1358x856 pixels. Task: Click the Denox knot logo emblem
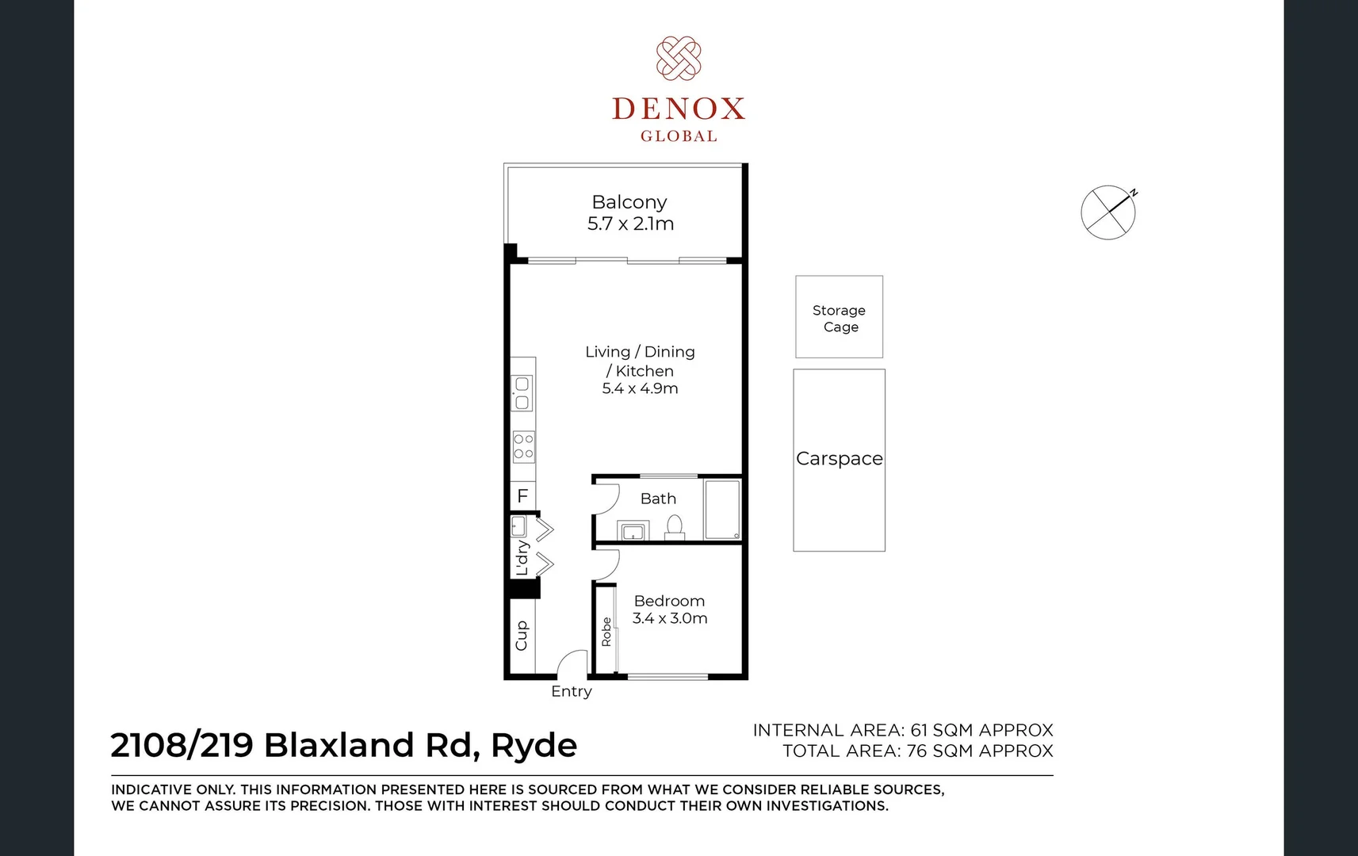click(x=679, y=58)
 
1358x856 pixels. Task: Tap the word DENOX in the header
click(x=679, y=109)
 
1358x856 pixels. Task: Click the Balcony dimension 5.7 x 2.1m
click(x=630, y=224)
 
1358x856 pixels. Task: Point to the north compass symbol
click(x=1108, y=212)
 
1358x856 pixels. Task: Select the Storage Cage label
click(x=840, y=319)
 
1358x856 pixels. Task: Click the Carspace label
click(x=839, y=459)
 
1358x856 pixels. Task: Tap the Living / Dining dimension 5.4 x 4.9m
click(x=640, y=388)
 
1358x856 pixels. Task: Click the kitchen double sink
click(x=522, y=393)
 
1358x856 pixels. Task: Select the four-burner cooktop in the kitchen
click(x=523, y=446)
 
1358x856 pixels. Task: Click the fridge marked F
click(x=522, y=496)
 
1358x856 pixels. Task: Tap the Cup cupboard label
click(x=522, y=636)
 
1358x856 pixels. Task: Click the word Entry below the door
click(x=572, y=691)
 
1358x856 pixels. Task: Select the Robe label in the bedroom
click(x=606, y=632)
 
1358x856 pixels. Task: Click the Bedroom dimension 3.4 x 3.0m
click(x=670, y=618)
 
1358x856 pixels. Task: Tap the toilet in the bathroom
click(x=675, y=527)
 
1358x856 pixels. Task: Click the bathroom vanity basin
click(x=633, y=531)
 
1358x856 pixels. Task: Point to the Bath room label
click(x=658, y=499)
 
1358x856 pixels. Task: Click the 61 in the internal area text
click(x=918, y=730)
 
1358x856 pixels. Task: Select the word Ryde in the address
click(x=534, y=746)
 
